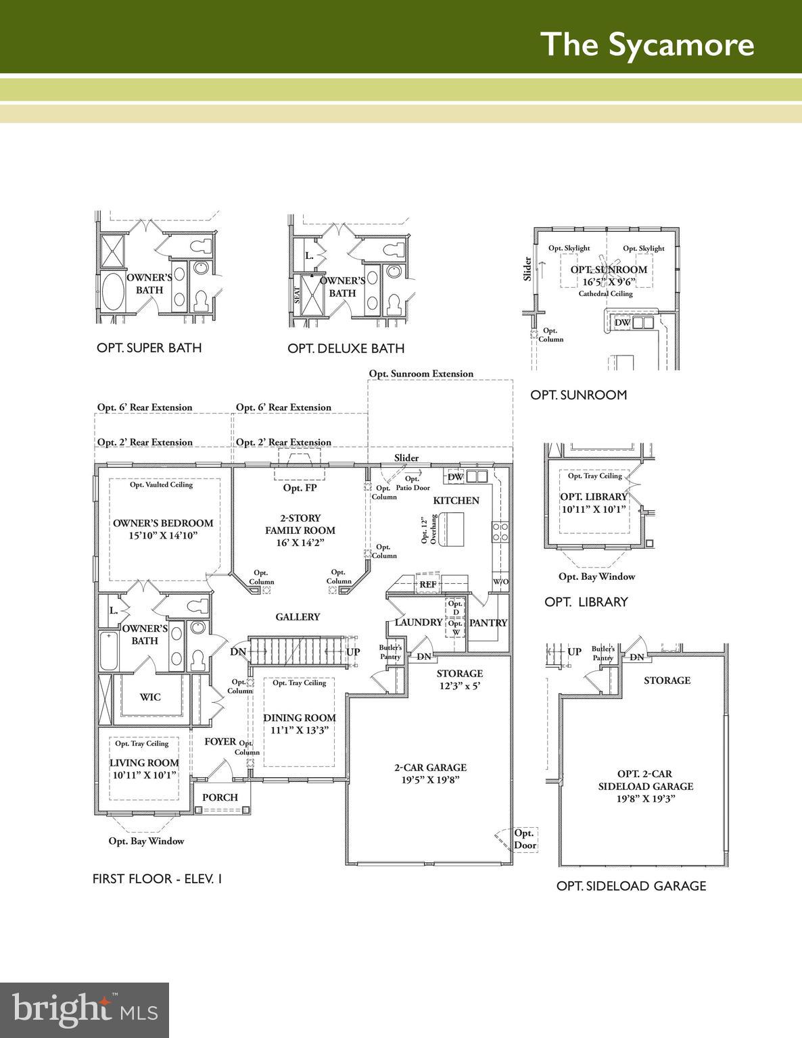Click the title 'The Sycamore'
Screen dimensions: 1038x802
[647, 44]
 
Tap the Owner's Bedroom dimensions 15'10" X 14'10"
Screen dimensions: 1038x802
[163, 536]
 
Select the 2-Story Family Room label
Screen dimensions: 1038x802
[300, 524]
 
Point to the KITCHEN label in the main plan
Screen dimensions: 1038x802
[456, 501]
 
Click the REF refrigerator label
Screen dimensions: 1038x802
[428, 585]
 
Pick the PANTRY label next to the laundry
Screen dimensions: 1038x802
[488, 623]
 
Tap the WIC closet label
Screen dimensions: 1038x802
[150, 697]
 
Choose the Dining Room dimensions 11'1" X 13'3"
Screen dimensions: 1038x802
[300, 730]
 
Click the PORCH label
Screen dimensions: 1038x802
[220, 797]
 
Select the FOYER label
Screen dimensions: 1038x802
[220, 741]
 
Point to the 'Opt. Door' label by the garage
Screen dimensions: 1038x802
[525, 839]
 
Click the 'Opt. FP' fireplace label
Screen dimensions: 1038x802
[300, 488]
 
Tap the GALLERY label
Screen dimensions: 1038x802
[298, 617]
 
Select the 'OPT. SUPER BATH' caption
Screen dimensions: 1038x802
[149, 348]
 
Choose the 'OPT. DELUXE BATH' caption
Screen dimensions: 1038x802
[346, 349]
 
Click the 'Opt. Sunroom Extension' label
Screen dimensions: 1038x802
[421, 374]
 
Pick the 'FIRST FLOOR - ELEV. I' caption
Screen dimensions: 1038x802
[158, 879]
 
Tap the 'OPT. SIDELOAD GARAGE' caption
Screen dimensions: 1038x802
[631, 886]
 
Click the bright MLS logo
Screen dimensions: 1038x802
[85, 1010]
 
